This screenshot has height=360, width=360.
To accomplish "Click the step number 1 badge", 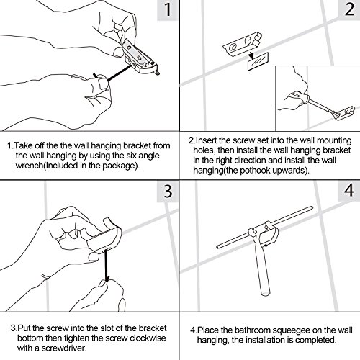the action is (x=168, y=9).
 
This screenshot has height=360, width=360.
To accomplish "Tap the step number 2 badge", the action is (x=349, y=9).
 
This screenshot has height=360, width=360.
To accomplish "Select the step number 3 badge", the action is (x=168, y=192).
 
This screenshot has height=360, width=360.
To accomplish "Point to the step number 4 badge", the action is (x=349, y=191).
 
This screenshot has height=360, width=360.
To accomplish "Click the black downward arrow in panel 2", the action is (x=251, y=55).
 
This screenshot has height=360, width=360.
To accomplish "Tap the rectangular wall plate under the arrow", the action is (x=258, y=62).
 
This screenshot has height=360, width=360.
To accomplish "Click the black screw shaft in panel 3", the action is (x=107, y=265).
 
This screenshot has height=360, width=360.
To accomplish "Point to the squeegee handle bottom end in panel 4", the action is (x=266, y=293).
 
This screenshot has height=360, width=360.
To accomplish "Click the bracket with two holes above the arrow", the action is (x=242, y=44).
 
